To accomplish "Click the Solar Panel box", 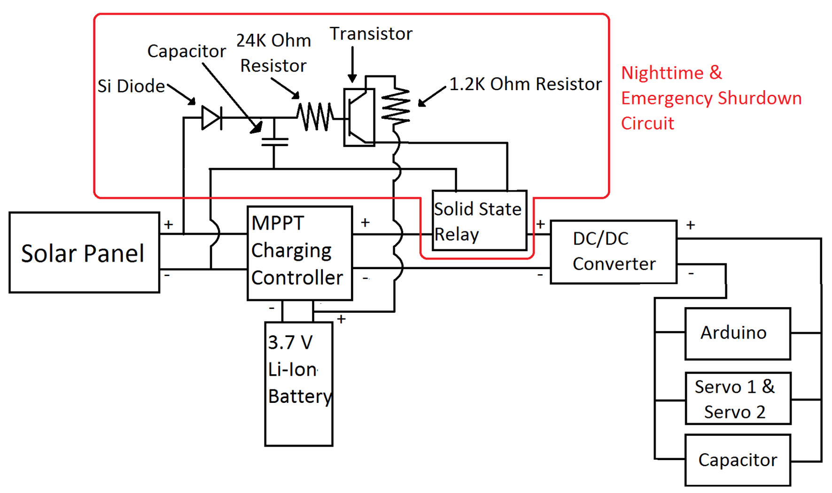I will click(84, 253).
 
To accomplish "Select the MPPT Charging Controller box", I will click(300, 253).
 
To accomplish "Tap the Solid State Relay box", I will click(479, 221).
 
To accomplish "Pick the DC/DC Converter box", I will click(614, 252).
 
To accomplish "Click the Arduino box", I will click(738, 333).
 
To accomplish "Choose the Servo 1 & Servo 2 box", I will click(738, 399).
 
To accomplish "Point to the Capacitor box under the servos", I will click(738, 460).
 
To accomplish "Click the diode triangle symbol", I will click(211, 117).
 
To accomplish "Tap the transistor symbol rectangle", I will click(359, 117).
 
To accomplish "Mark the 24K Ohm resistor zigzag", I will click(315, 117).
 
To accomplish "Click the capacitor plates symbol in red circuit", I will click(274, 141).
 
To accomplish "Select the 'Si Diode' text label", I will click(131, 86).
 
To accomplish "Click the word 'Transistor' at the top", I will click(371, 34).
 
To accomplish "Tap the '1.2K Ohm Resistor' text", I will click(525, 84).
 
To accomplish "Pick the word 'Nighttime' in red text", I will click(662, 73).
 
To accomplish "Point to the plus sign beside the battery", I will click(342, 319).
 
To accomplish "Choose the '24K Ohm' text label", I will click(273, 41).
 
